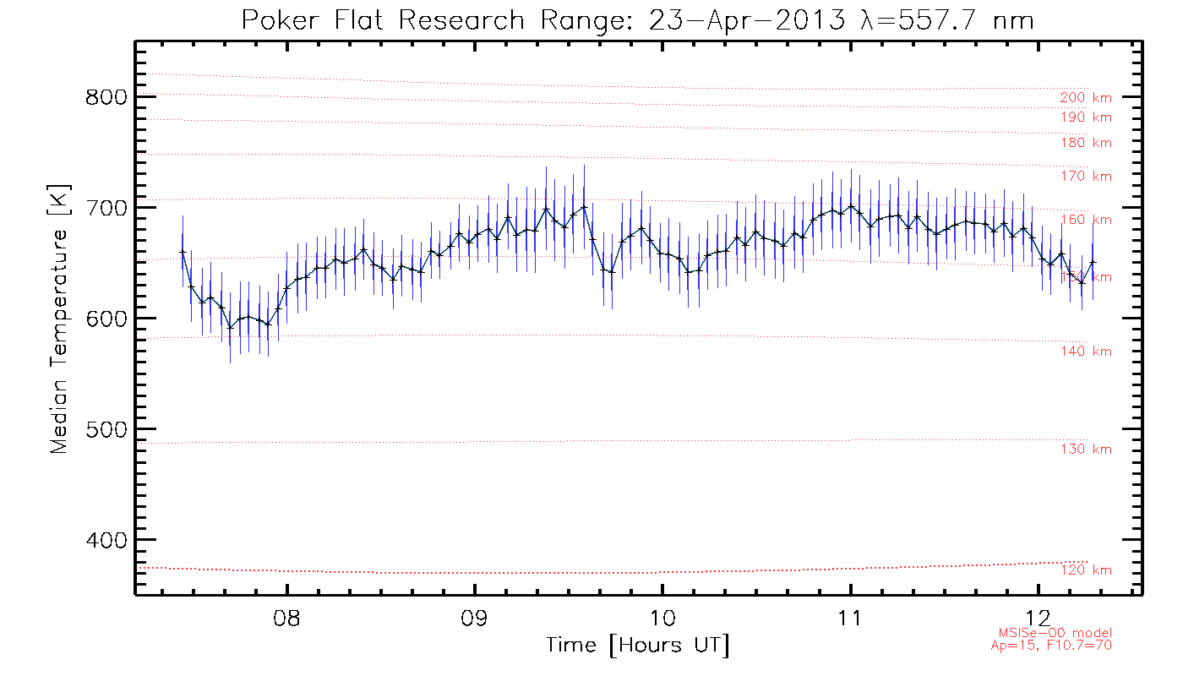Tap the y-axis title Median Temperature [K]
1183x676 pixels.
pyautogui.click(x=58, y=319)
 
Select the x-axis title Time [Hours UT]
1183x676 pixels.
pyautogui.click(x=637, y=646)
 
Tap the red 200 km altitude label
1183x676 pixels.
pyautogui.click(x=1086, y=98)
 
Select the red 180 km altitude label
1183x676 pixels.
pyautogui.click(x=1086, y=144)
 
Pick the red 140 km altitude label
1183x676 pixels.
pyautogui.click(x=1086, y=352)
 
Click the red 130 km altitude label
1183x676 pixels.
pyautogui.click(x=1086, y=450)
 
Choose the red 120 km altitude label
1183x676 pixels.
pyautogui.click(x=1086, y=570)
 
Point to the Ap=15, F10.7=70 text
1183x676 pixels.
pyautogui.click(x=1051, y=646)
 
